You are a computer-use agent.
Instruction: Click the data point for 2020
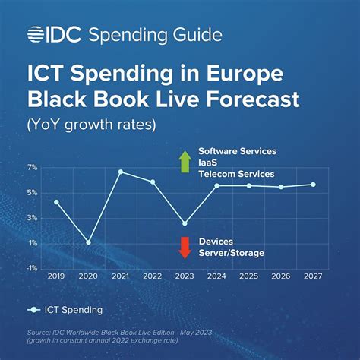pos(89,242)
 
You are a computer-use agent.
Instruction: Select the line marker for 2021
pos(121,172)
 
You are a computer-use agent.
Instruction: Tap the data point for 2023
pos(185,223)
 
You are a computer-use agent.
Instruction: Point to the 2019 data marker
pos(56,202)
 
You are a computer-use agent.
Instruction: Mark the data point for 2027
pos(313,185)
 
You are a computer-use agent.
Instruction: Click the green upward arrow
pos(184,162)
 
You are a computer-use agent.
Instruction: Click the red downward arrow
pos(184,247)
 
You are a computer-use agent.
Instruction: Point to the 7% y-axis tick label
pos(32,166)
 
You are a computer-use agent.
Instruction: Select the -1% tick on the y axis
pos(32,267)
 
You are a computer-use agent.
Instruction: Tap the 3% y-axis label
pos(32,218)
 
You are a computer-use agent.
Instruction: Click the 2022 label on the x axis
pos(153,277)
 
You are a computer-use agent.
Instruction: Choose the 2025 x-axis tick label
pos(248,277)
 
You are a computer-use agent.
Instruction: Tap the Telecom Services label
pos(236,174)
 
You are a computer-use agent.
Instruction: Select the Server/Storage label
pos(232,253)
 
